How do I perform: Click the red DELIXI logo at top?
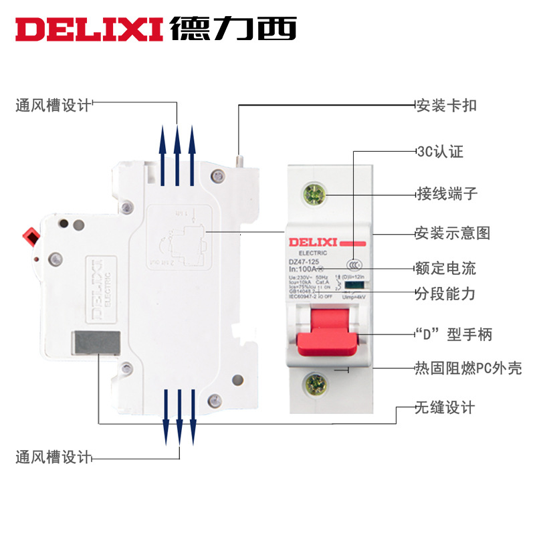click(x=89, y=28)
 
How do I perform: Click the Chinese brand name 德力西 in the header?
click(x=233, y=27)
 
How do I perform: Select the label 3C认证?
click(x=439, y=151)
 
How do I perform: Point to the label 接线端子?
click(x=446, y=195)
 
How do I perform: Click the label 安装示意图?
click(x=453, y=233)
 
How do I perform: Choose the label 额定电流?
click(x=446, y=269)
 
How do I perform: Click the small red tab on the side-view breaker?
click(x=30, y=236)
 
